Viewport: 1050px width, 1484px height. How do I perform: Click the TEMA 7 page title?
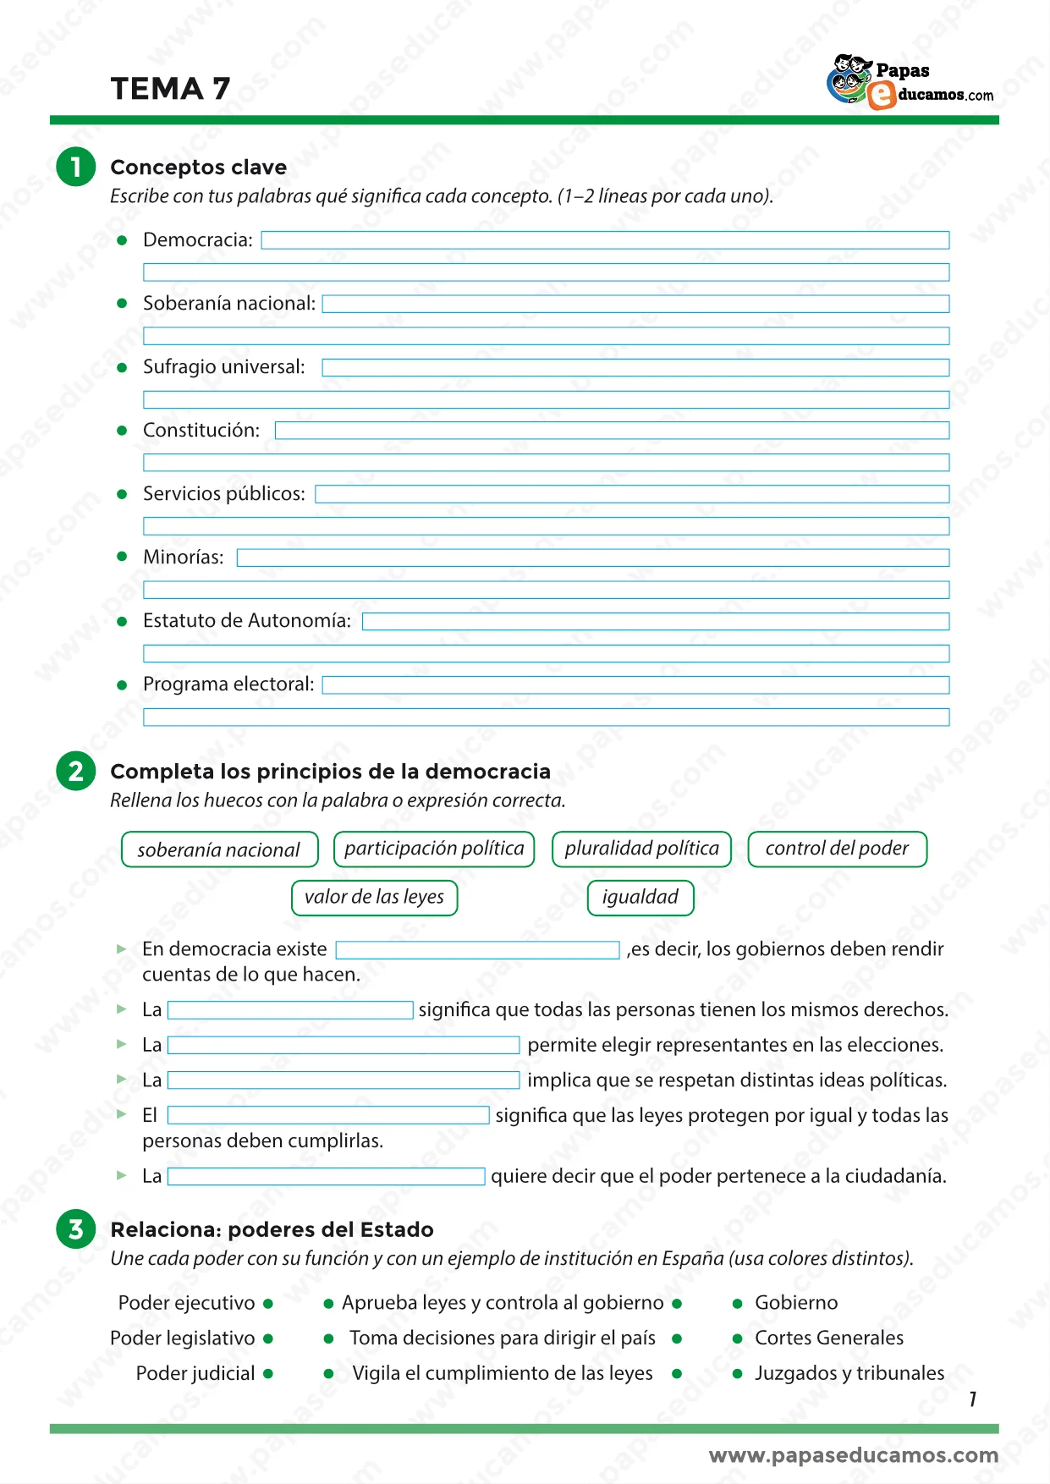coord(170,89)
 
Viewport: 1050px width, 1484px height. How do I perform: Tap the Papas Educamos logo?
coord(910,83)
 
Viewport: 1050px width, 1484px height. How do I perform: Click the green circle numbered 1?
coord(76,166)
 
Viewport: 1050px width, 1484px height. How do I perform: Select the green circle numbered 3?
coord(76,1228)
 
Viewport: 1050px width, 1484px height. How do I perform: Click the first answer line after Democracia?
coord(604,240)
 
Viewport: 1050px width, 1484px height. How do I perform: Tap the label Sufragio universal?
coord(223,367)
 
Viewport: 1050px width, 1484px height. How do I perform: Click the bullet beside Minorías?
coord(122,557)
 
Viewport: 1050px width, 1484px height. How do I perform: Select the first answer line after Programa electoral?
coord(635,684)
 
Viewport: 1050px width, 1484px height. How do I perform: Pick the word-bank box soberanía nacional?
coord(219,849)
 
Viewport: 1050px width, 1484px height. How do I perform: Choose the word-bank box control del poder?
coord(837,849)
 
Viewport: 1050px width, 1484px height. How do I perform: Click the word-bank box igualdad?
coord(640,897)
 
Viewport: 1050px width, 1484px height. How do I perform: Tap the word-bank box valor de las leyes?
coord(374,897)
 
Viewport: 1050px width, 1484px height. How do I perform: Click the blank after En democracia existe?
coord(477,950)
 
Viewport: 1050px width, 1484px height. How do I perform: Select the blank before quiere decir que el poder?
coord(326,1176)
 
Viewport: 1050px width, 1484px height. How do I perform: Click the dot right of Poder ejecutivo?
coord(268,1304)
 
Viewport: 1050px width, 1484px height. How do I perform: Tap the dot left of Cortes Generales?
coord(738,1338)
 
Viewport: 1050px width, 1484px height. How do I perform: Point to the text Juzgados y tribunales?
coord(849,1373)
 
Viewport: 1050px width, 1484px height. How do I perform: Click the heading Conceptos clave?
coord(198,168)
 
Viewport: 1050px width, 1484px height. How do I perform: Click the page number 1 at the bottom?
coord(973,1399)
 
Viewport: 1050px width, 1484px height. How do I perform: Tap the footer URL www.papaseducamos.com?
coord(853,1455)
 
